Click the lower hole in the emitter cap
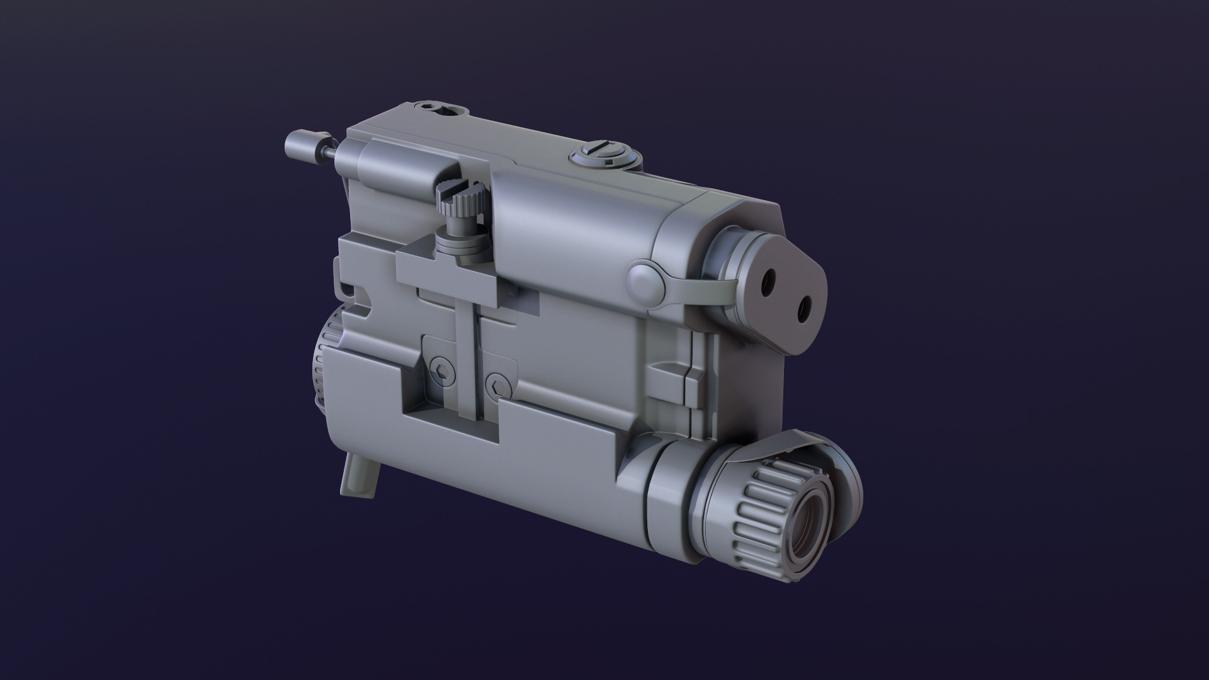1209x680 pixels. tap(803, 308)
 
